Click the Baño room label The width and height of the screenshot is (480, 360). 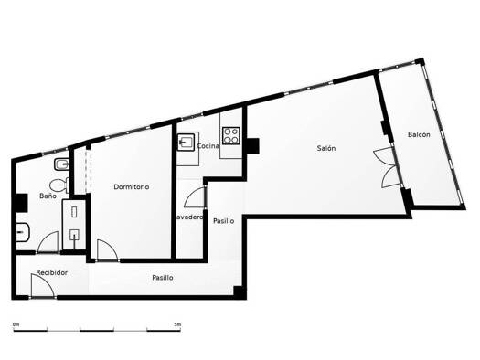48,196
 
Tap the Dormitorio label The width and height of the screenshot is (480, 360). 132,187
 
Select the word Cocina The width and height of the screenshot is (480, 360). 208,146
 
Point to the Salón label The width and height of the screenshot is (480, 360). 326,148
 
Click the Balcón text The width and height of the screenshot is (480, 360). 419,134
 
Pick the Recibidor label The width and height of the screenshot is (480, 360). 52,272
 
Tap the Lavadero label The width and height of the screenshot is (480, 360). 189,217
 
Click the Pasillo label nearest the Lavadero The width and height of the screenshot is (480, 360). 224,221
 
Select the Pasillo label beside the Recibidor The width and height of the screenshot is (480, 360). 163,278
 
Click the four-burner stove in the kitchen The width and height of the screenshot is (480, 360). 230,136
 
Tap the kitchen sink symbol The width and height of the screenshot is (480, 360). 186,142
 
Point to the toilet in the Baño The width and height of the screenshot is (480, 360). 59,185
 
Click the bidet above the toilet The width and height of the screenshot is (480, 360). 62,165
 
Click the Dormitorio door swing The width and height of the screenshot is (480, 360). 107,250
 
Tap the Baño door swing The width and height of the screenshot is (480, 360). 48,242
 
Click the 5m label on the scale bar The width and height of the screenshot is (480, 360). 177,324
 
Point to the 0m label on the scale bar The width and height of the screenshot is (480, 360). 16,324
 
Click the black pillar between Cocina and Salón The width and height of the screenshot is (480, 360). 252,146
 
